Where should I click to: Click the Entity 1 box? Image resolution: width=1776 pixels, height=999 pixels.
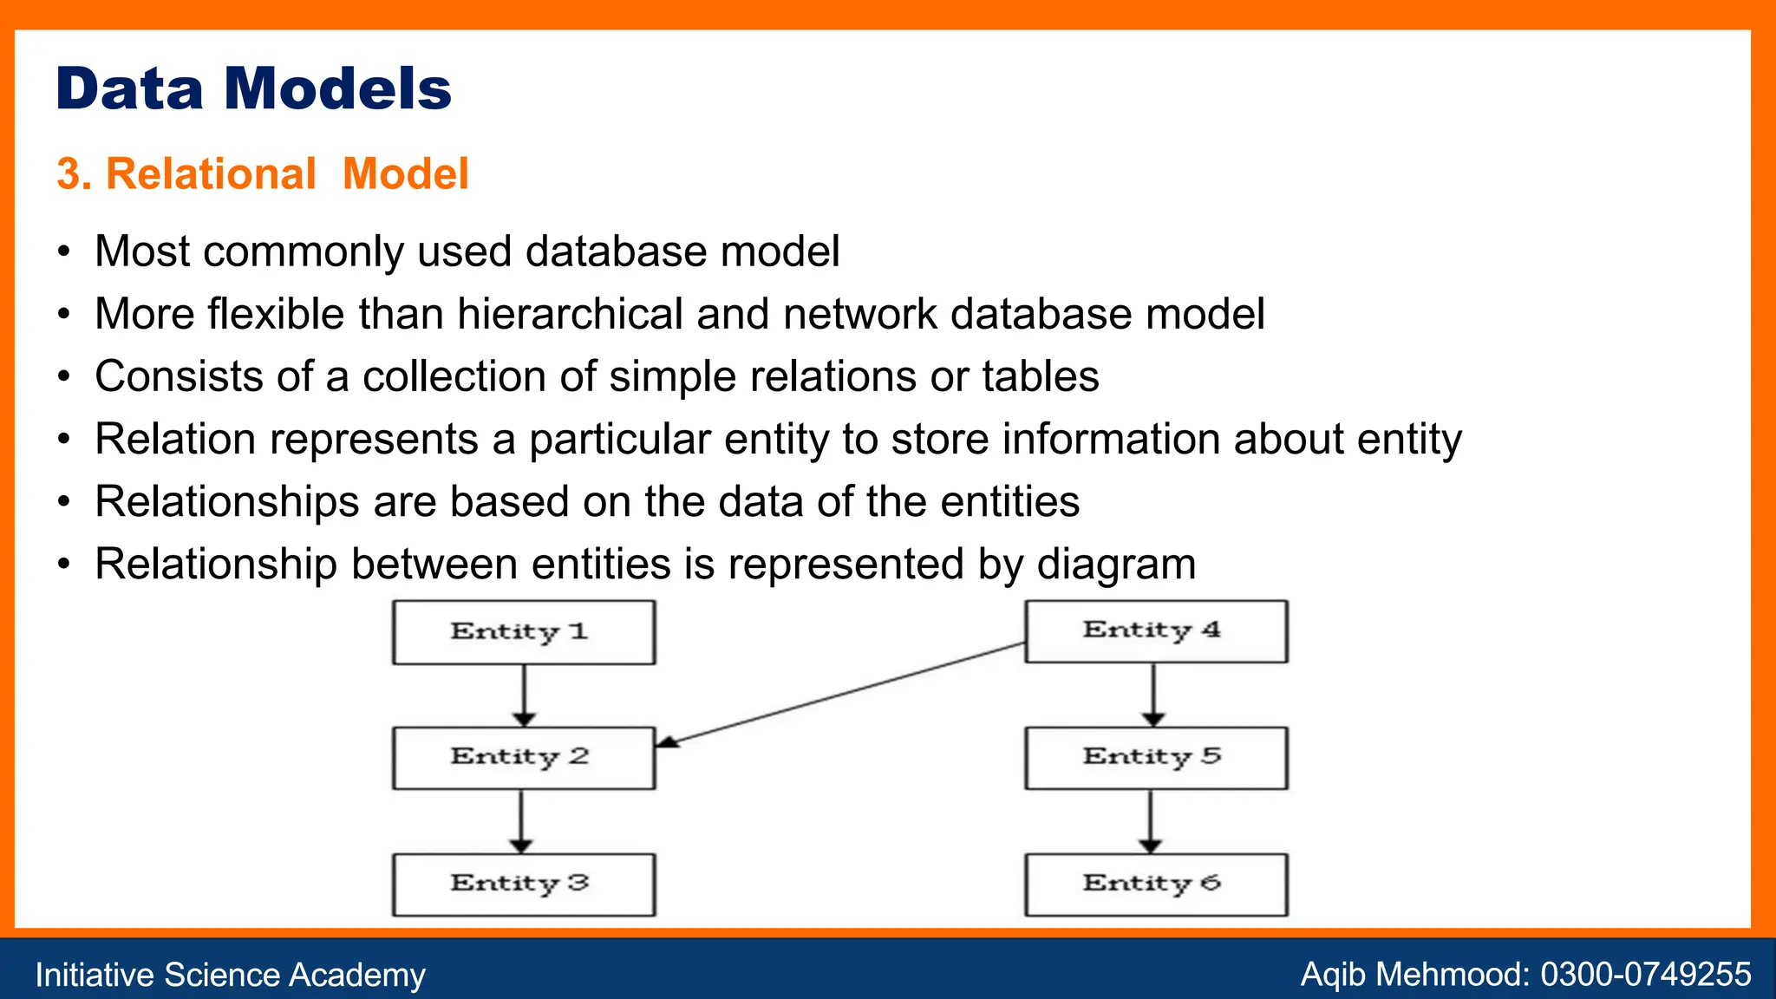524,632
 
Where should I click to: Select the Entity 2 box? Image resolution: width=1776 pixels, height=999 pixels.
524,758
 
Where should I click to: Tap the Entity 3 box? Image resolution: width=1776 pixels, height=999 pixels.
524,885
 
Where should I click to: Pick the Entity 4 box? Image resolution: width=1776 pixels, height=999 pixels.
1156,630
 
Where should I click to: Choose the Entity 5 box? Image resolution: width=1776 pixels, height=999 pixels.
1156,758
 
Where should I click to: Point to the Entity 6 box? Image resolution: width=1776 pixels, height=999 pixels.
1156,885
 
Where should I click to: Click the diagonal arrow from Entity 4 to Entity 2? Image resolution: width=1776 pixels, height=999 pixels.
841,694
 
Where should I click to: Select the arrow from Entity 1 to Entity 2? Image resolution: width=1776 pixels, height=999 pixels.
524,694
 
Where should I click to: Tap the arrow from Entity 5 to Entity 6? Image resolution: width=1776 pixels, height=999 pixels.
1151,820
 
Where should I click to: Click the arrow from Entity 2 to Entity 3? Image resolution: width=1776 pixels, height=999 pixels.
521,820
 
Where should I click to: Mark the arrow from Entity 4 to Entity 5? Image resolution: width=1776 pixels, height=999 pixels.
1153,694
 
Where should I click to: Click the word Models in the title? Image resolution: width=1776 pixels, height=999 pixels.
338,88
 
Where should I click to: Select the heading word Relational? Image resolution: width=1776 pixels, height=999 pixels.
211,173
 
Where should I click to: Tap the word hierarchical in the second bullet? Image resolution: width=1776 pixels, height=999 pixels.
571,314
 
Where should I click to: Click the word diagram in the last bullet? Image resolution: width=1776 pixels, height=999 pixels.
1116,565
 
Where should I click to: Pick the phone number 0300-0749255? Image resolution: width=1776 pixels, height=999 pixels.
1646,974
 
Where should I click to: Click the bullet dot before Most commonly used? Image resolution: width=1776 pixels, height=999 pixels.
63,252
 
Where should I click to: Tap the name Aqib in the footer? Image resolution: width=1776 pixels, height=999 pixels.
1334,974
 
